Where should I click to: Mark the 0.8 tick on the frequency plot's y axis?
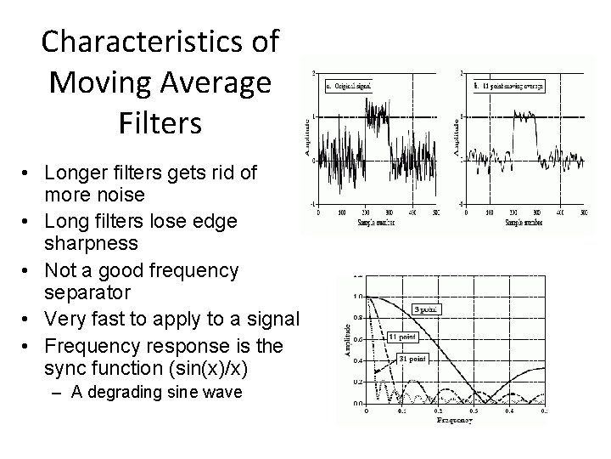coord(358,318)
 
